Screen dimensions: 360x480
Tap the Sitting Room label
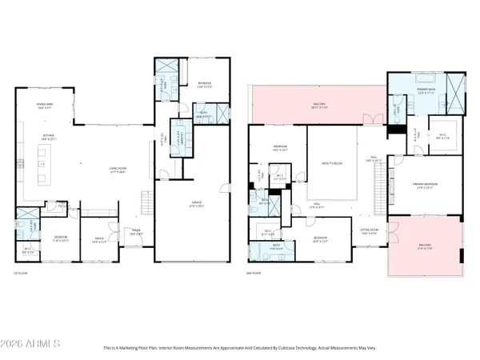tap(369, 234)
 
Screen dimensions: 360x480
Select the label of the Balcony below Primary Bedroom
tap(423, 246)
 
